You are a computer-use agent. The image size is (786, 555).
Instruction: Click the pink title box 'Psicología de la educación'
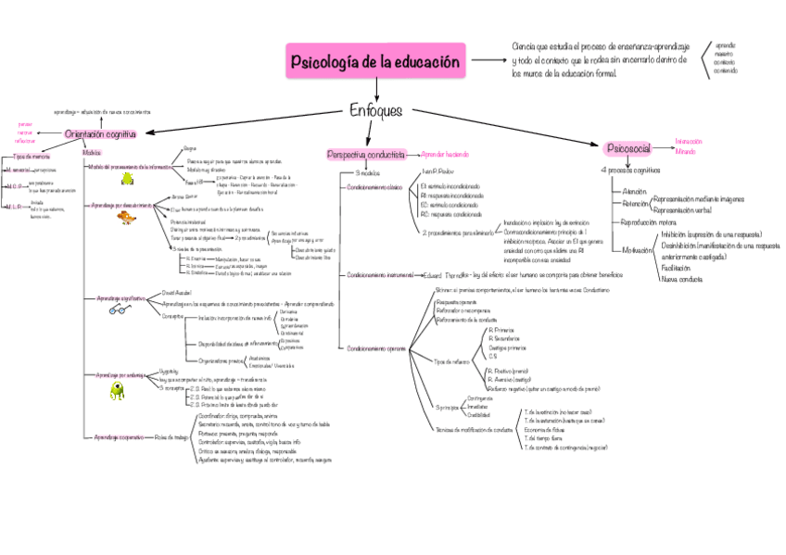click(x=375, y=63)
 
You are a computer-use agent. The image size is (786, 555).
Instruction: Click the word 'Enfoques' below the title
click(x=375, y=110)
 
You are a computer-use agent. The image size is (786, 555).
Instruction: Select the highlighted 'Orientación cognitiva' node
click(x=99, y=135)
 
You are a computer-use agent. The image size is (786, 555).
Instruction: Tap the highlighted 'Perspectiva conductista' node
click(x=366, y=155)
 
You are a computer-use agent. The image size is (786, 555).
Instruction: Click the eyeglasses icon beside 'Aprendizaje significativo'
click(x=119, y=310)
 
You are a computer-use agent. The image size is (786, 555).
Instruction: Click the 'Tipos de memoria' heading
click(x=32, y=157)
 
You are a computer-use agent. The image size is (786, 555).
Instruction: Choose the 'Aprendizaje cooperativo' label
click(x=119, y=436)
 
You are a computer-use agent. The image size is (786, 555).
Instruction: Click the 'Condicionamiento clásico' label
click(x=375, y=187)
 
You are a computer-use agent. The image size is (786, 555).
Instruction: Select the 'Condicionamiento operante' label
click(x=376, y=348)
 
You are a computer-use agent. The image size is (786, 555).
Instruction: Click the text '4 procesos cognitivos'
click(x=630, y=170)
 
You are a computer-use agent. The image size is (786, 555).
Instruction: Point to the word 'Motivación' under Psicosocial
click(x=637, y=250)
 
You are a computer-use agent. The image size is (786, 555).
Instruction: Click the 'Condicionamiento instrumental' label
click(x=381, y=275)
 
